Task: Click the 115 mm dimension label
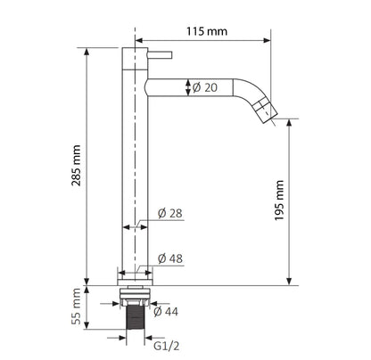(x=207, y=31)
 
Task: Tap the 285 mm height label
(x=76, y=166)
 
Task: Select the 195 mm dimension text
(x=279, y=200)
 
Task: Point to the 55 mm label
(x=76, y=306)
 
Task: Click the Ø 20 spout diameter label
(x=205, y=87)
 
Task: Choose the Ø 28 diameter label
(x=170, y=213)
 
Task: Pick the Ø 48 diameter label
(x=170, y=258)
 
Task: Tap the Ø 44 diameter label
(x=166, y=312)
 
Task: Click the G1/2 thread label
(x=167, y=346)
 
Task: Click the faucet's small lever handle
(x=160, y=55)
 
